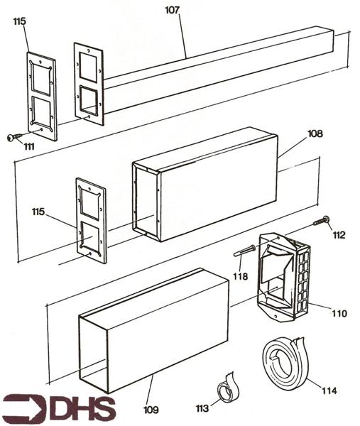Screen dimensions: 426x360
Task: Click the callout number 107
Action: pos(173,11)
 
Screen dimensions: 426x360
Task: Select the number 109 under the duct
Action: pos(151,410)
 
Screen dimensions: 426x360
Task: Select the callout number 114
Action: pos(329,390)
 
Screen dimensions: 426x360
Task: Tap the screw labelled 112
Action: pos(322,220)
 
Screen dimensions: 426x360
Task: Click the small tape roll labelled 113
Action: pos(227,390)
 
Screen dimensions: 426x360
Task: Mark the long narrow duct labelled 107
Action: pos(220,67)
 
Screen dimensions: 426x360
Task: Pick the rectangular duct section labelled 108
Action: pos(206,185)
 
